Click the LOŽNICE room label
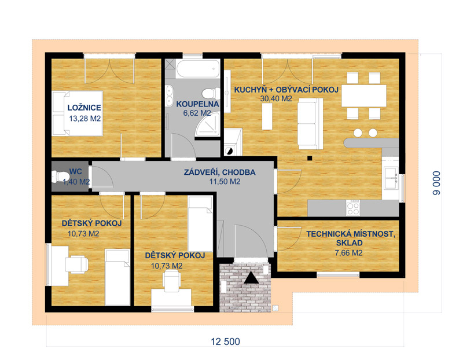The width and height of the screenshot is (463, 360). pos(84,108)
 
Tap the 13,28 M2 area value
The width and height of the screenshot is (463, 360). pos(85,119)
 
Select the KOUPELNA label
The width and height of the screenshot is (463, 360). pos(197,104)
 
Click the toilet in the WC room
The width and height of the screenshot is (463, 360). pos(60,177)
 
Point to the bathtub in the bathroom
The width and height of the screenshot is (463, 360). pos(197,69)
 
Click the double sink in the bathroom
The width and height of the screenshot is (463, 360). pos(170,95)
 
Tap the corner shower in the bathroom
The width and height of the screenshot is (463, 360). pos(208,124)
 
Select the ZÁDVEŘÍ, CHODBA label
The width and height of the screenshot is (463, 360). pos(220,172)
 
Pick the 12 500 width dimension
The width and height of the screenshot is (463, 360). pos(225,341)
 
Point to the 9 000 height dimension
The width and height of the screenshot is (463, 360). pos(437,183)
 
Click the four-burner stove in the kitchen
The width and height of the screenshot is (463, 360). pos(353,208)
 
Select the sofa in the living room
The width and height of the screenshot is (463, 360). pos(310,124)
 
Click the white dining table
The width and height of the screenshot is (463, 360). pos(364,95)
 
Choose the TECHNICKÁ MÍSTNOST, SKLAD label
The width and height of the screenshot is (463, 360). pos(351,238)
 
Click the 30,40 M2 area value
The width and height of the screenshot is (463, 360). pos(276,98)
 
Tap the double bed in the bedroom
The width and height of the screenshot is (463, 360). pos(78,113)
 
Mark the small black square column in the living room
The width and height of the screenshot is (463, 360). pos(310,158)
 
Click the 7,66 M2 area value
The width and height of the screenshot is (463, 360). pos(349,253)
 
